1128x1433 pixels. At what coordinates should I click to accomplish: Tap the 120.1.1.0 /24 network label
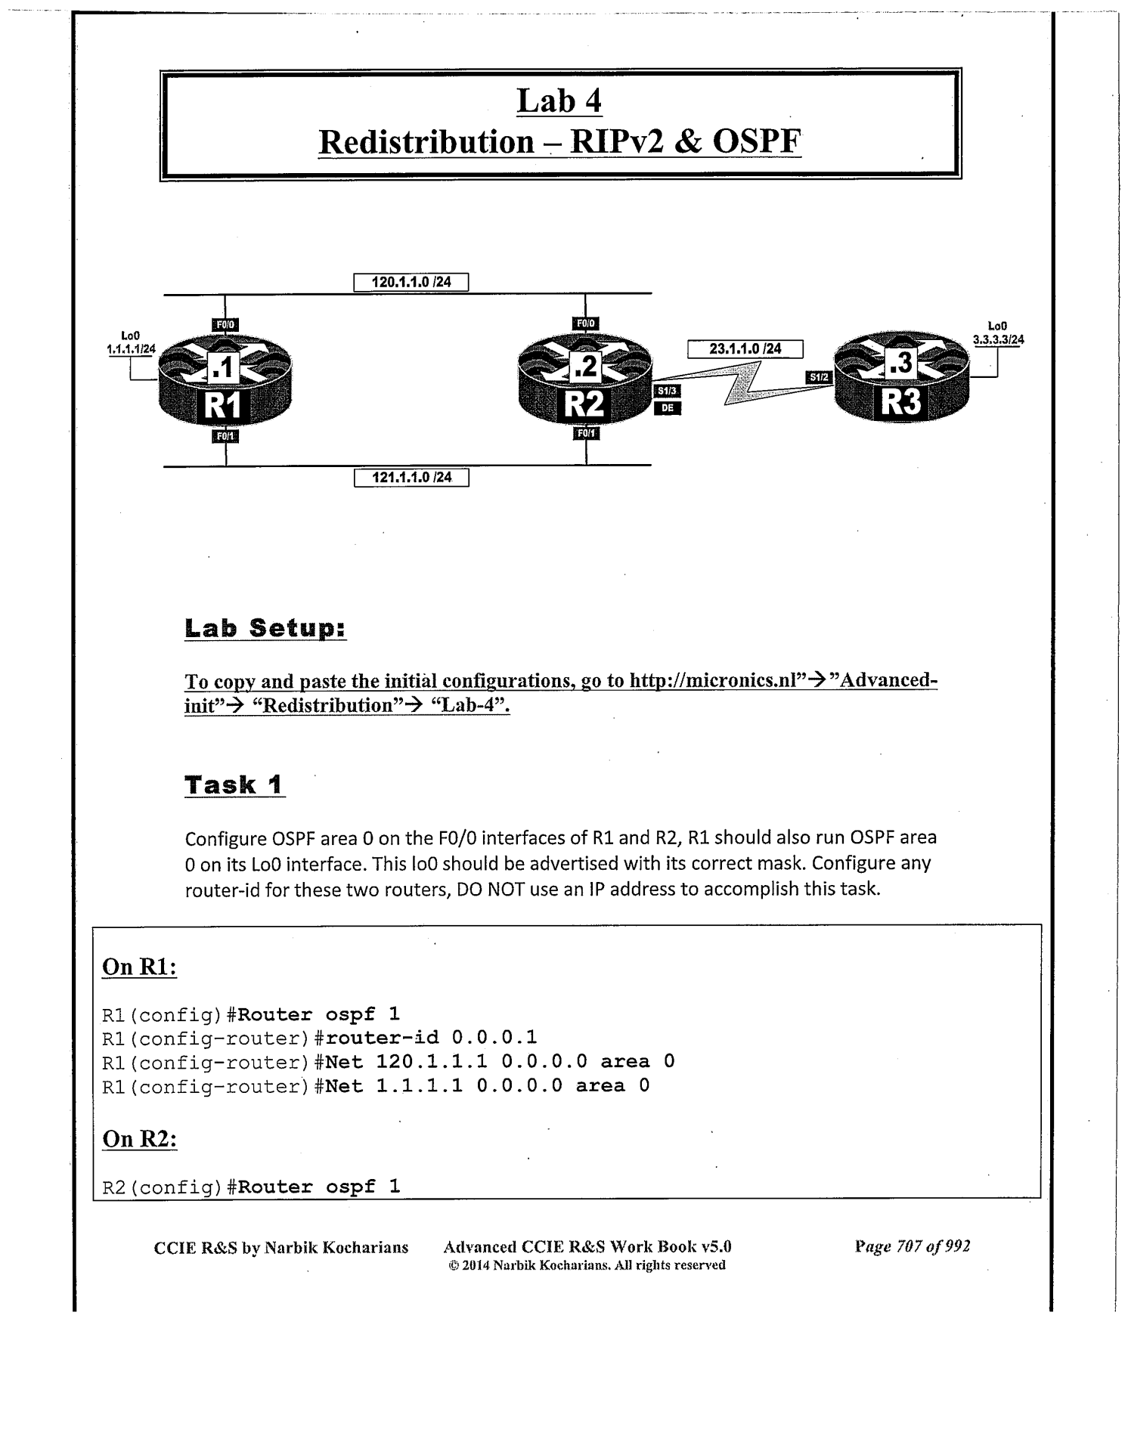[x=411, y=283]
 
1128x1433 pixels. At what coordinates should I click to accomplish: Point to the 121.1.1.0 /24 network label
[x=411, y=478]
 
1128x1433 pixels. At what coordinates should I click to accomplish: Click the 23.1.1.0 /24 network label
[x=745, y=349]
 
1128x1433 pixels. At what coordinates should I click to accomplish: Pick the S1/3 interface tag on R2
[x=667, y=391]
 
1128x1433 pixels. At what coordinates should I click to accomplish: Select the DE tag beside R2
[x=667, y=408]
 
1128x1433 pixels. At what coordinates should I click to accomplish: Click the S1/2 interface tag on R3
[x=819, y=376]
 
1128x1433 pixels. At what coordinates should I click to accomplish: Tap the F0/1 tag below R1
[x=226, y=436]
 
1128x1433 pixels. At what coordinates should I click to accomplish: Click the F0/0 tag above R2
[x=586, y=324]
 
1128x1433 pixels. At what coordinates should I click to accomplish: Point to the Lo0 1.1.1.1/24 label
[x=131, y=342]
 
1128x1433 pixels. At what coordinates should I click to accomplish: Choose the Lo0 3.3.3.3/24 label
[x=998, y=333]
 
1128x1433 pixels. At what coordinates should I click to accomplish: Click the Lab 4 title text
[x=559, y=101]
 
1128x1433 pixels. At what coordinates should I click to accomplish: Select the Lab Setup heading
[x=265, y=628]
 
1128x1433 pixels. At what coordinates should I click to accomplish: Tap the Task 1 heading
[x=234, y=785]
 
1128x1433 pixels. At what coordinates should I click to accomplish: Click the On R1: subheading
[x=139, y=967]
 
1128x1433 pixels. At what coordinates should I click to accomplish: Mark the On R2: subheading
[x=139, y=1139]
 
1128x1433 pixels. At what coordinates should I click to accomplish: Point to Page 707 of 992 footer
[x=912, y=1246]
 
